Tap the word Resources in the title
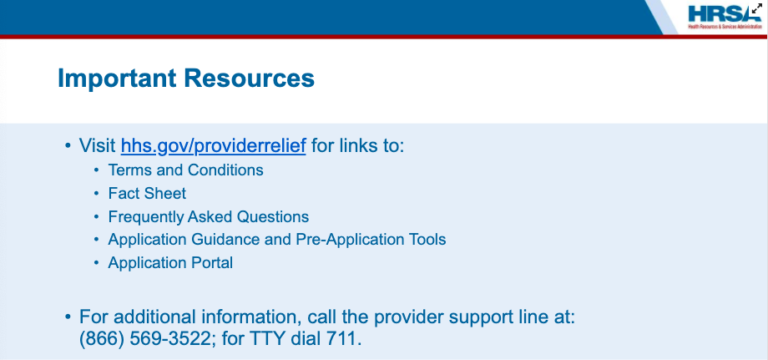pyautogui.click(x=250, y=79)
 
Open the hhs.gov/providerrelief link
pyautogui.click(x=214, y=146)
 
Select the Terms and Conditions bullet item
pyautogui.click(x=185, y=170)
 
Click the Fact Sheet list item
pyautogui.click(x=147, y=194)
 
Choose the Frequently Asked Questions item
pyautogui.click(x=209, y=217)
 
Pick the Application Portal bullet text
pyautogui.click(x=170, y=263)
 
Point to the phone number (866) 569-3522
pyautogui.click(x=145, y=339)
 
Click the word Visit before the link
pyautogui.click(x=98, y=146)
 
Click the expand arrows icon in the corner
pyautogui.click(x=757, y=9)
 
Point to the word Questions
pyautogui.click(x=273, y=217)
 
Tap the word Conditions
pyautogui.click(x=225, y=170)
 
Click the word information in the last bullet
pyautogui.click(x=249, y=317)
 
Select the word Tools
pyautogui.click(x=427, y=240)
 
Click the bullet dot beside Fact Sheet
pyautogui.click(x=97, y=194)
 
